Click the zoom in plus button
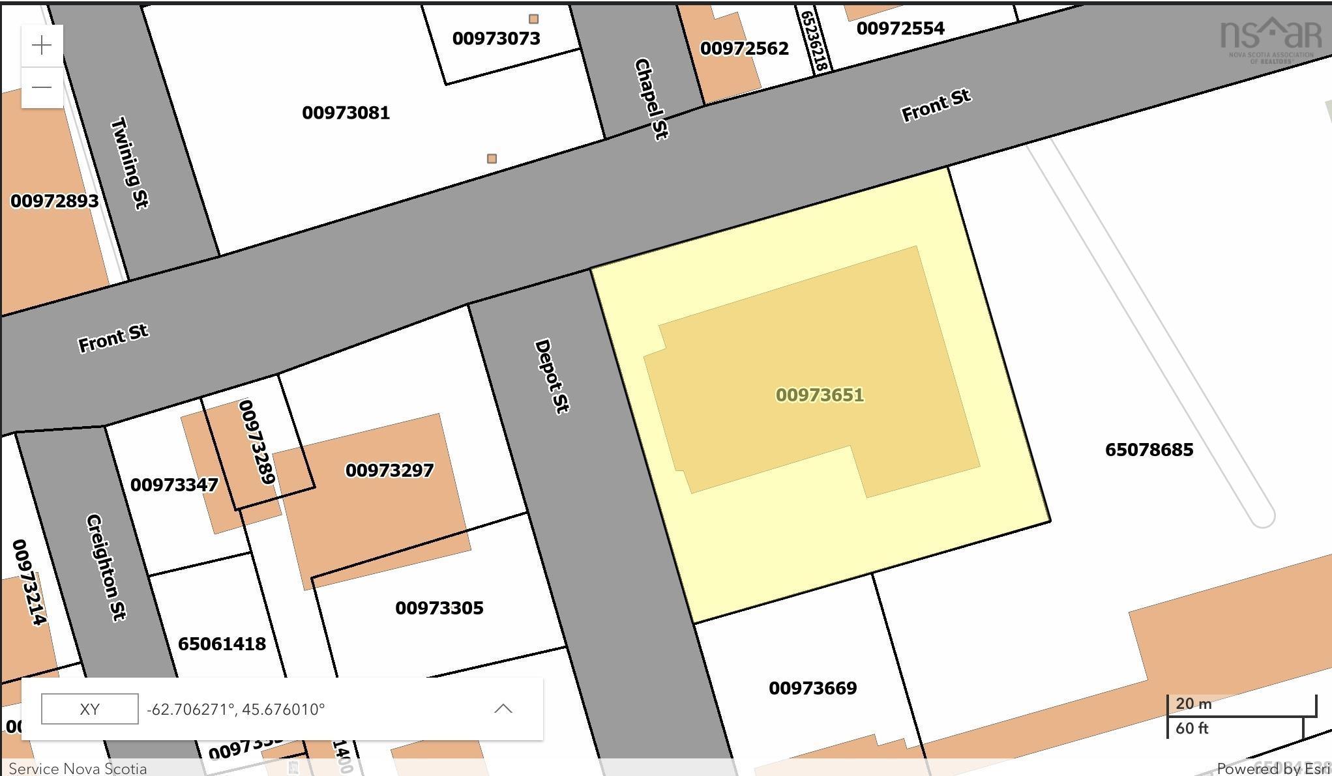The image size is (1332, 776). point(42,46)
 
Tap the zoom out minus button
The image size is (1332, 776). point(42,87)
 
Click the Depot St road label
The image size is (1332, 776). point(552,376)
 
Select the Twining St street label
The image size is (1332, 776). point(130,163)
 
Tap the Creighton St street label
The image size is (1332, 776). point(106,567)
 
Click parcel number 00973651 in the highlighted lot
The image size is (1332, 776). point(820,395)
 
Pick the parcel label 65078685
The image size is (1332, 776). point(1149,450)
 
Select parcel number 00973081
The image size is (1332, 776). point(346,113)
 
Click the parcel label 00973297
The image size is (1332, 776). point(389,470)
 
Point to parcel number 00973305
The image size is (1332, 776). point(439,608)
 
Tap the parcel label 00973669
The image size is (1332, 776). point(812,688)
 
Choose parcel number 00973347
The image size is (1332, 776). point(174,485)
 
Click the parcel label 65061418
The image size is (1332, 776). point(222,644)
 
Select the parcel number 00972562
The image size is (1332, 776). point(744,48)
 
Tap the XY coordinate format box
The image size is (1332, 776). point(90,709)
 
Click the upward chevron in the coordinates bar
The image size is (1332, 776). point(503,709)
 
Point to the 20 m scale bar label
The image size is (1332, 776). point(1193,704)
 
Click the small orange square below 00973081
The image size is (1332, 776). point(492,158)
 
